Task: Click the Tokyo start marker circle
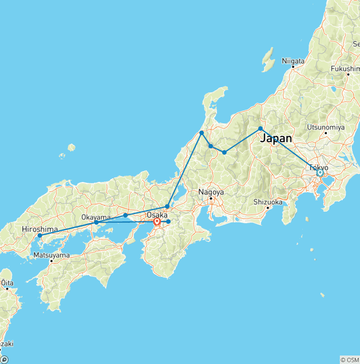point(320,173)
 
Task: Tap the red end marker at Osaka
point(157,221)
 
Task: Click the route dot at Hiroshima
point(40,235)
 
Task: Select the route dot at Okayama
point(96,222)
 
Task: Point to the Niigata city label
point(293,61)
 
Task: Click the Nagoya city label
point(211,192)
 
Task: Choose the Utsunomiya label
point(326,127)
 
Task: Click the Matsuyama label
point(52,256)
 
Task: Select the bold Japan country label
point(276,138)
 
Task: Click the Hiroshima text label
point(39,229)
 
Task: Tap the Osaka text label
point(157,215)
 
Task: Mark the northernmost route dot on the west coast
point(202,133)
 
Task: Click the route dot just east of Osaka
point(168,221)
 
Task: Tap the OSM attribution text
point(349,360)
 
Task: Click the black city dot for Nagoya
point(211,198)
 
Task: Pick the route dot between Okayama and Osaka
point(125,215)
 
